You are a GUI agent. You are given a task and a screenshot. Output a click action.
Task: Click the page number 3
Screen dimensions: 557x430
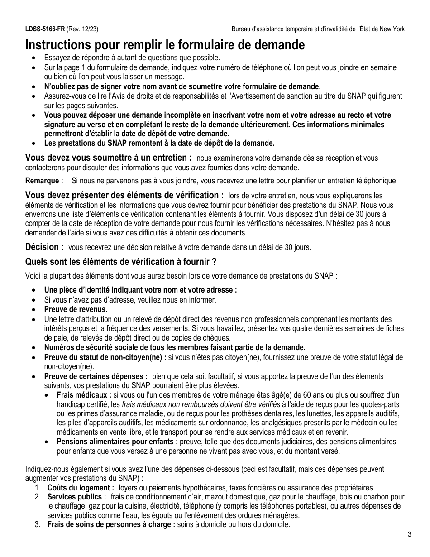point(409,534)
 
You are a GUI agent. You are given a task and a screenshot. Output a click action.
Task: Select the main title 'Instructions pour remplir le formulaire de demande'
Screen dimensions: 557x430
point(165,45)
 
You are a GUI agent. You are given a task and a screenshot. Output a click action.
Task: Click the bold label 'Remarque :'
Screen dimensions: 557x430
point(44,181)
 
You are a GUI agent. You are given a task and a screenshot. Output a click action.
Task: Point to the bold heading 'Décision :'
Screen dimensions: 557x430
point(44,247)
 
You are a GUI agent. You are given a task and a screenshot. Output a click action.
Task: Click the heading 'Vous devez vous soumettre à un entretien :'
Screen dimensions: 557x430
point(108,158)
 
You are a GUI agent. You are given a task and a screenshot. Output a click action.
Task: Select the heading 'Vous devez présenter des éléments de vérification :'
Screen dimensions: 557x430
point(124,195)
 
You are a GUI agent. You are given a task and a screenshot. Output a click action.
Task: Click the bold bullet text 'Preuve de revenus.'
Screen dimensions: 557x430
point(76,309)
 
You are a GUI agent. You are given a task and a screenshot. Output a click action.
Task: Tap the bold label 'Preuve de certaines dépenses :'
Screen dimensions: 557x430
point(96,376)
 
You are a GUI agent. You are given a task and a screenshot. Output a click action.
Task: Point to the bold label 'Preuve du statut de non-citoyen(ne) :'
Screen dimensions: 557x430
point(105,357)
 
